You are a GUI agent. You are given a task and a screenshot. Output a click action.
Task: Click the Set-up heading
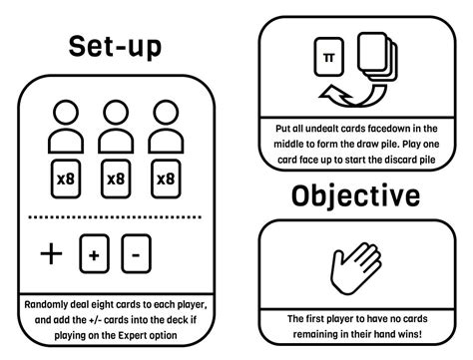click(x=115, y=46)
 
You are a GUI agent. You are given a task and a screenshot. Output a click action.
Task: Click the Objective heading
click(x=355, y=195)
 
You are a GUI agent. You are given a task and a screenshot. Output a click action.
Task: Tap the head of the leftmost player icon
click(x=66, y=113)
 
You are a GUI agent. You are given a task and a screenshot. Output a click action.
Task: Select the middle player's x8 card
click(x=116, y=180)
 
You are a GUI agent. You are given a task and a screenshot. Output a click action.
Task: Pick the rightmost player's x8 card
click(x=166, y=180)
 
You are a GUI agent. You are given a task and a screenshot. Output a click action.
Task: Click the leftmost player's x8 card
click(x=66, y=180)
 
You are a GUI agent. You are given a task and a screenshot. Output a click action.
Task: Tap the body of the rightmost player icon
click(x=166, y=142)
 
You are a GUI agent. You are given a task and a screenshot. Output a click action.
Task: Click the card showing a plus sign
click(x=94, y=253)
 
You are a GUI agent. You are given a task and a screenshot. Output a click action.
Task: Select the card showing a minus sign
click(x=136, y=253)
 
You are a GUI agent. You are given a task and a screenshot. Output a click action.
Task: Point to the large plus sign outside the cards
click(x=51, y=253)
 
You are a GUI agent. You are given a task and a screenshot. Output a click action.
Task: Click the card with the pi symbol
click(x=328, y=57)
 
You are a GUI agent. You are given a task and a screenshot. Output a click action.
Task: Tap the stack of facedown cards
click(x=377, y=56)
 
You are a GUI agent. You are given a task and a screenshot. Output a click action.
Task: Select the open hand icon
click(x=355, y=268)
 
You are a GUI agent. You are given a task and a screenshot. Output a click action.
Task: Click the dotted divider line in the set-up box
click(x=115, y=217)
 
